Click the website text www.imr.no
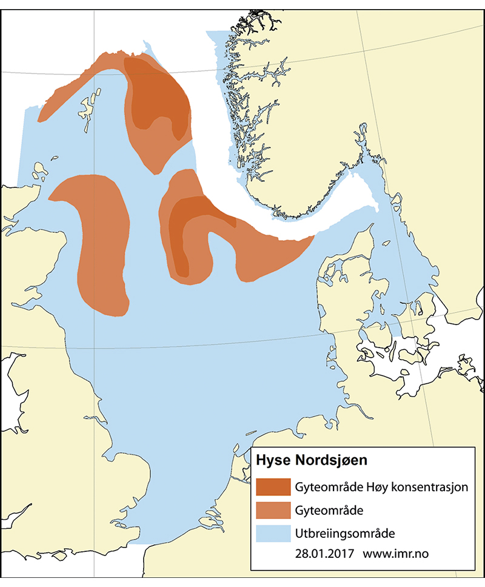[x=398, y=554]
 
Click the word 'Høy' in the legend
[x=375, y=487]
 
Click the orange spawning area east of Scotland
[x=100, y=243]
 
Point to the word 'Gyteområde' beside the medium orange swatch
[x=329, y=511]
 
